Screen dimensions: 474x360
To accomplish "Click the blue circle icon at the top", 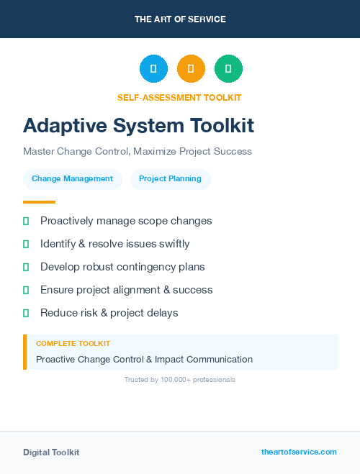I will pos(153,68).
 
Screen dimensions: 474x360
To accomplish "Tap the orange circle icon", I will pos(191,68).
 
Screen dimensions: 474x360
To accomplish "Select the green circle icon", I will pos(228,68).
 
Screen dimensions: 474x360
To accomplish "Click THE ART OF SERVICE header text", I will pos(180,19).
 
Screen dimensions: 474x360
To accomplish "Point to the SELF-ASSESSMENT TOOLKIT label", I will pos(179,98).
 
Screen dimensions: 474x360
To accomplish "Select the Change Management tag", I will pos(72,179).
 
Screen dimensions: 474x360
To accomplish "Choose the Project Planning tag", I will pos(170,179).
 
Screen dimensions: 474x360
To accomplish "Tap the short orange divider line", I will pos(39,202).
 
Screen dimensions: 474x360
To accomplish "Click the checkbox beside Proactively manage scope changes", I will pos(26,221).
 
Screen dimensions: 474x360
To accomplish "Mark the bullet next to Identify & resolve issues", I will pos(26,244).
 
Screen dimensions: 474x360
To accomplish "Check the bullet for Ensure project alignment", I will pos(26,290).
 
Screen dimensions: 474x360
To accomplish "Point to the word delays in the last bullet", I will pos(162,313).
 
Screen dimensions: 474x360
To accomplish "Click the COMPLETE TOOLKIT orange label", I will pos(73,344).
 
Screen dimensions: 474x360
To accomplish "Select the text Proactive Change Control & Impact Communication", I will pos(144,359).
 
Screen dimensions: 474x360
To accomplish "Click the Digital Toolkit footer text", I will pos(51,452).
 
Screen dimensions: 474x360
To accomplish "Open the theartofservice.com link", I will pos(299,452).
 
